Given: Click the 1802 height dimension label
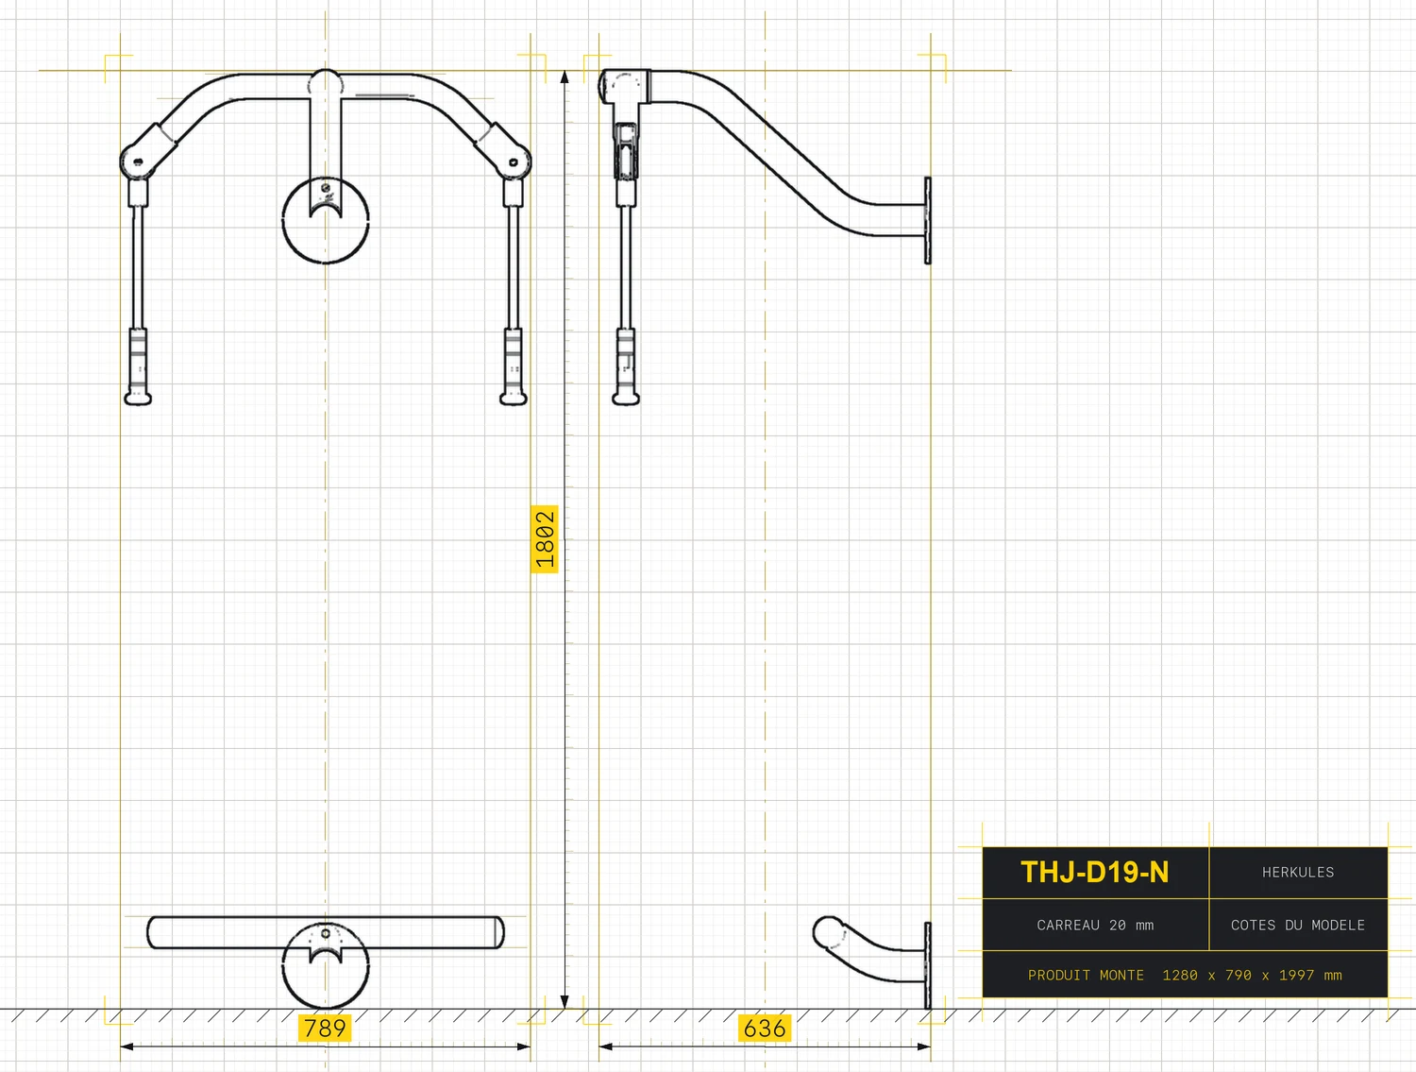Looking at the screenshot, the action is (x=545, y=539).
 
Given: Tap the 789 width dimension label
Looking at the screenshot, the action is (x=325, y=1029).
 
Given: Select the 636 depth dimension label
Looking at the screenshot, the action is (x=765, y=1029).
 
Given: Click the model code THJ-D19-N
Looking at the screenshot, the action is (x=1095, y=872).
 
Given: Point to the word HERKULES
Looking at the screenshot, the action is (x=1298, y=873).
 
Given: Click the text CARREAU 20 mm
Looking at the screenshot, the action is (x=1095, y=926).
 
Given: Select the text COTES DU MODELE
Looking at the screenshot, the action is (x=1298, y=926).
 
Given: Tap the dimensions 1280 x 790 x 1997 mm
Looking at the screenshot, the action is (x=1252, y=976).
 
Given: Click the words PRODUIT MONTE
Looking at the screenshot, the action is (x=1086, y=976).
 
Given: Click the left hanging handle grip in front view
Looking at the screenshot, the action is (x=138, y=366).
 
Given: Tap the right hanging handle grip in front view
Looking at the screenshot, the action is (x=514, y=366).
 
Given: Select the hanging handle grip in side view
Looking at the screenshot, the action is (x=625, y=366).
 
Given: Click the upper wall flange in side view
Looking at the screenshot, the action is (x=928, y=221).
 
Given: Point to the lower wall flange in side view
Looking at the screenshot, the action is (x=928, y=965).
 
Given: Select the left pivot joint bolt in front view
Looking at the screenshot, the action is (x=138, y=162).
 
